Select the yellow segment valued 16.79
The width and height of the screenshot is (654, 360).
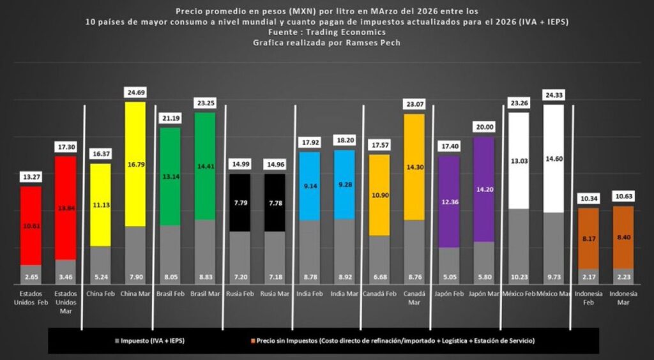(x=135, y=164)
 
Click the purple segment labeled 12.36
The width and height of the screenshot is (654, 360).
(x=449, y=202)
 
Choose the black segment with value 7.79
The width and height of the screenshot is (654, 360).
(x=240, y=202)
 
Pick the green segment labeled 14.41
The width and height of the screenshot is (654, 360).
(x=205, y=166)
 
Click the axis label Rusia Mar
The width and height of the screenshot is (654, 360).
(x=275, y=294)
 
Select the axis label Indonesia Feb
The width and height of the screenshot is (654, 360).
(x=589, y=297)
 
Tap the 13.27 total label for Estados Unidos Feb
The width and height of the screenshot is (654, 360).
(x=31, y=177)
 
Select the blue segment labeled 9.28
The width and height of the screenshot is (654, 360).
(x=344, y=184)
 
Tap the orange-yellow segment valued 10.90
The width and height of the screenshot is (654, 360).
(x=379, y=195)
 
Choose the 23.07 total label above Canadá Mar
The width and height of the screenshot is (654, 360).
(x=414, y=104)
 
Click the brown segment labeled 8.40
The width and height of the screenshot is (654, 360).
(x=623, y=237)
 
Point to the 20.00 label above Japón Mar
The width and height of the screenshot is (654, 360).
(x=483, y=127)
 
